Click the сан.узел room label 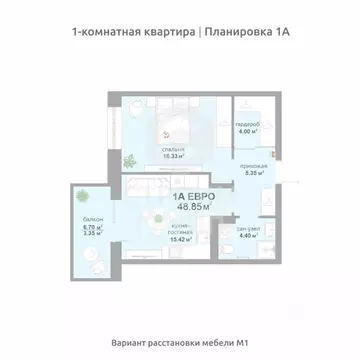(248, 229)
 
